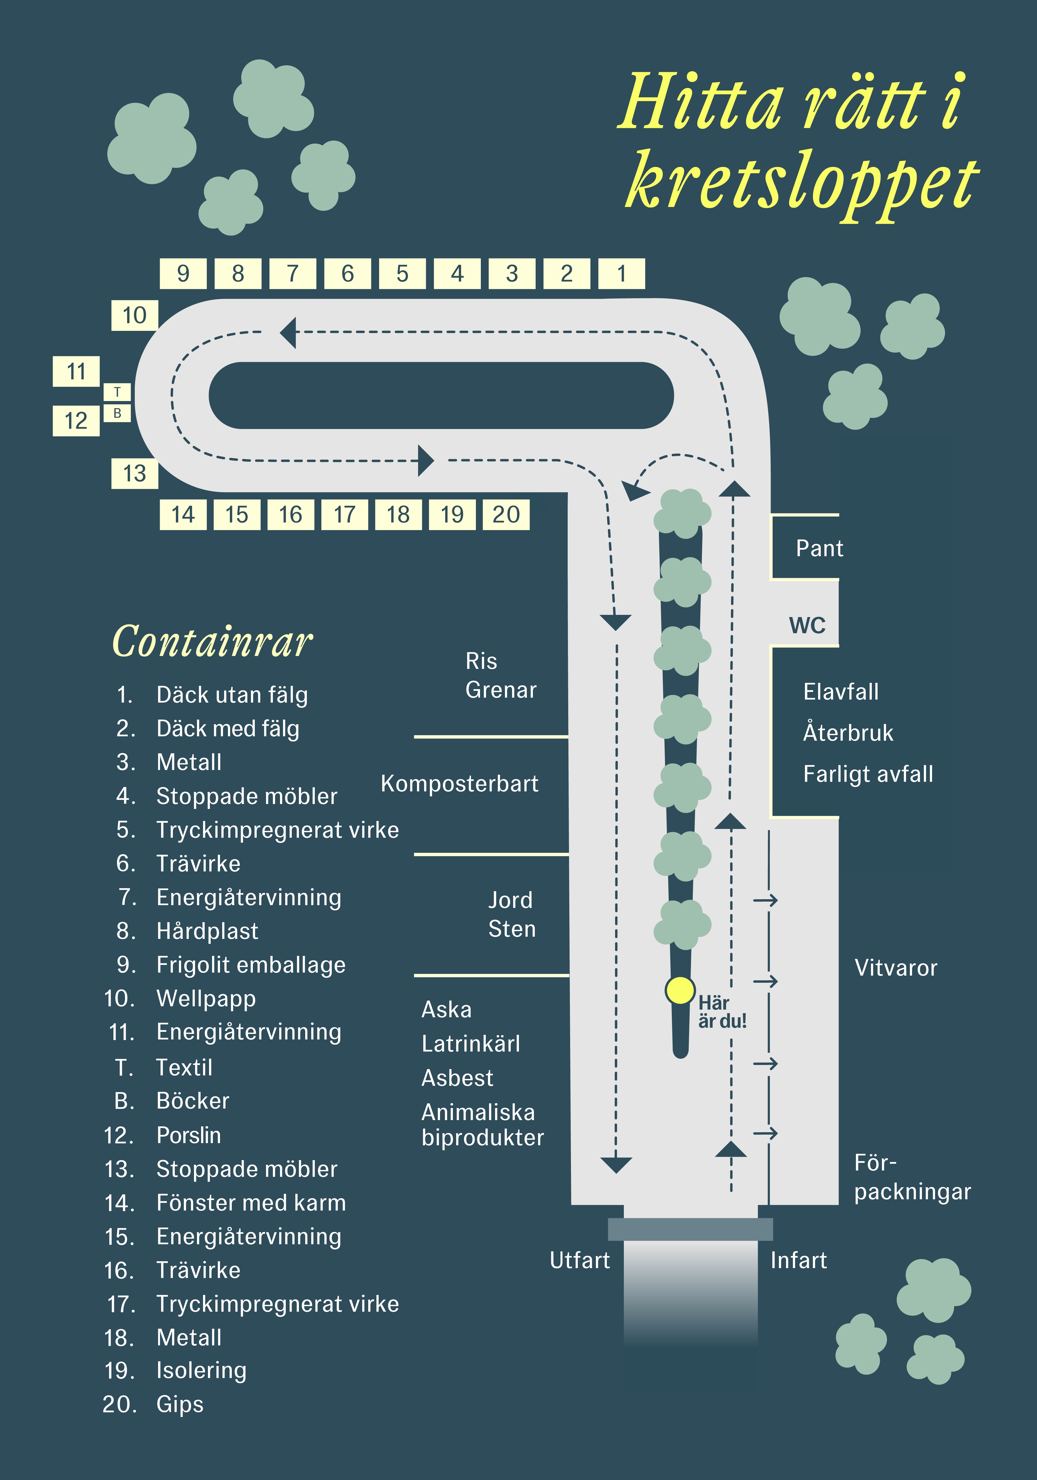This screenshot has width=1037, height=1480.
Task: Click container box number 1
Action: (622, 273)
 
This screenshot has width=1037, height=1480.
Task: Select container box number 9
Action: (183, 273)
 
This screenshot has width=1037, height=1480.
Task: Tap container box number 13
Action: (135, 474)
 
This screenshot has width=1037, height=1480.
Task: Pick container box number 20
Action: (506, 514)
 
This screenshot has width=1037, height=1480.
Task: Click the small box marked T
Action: (117, 392)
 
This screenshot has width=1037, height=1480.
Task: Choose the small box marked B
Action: (117, 413)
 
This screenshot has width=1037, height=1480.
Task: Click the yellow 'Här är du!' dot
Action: (680, 990)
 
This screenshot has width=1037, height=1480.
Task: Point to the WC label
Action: (807, 625)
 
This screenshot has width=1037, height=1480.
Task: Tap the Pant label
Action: (819, 549)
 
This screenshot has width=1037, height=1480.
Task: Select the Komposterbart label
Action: (459, 784)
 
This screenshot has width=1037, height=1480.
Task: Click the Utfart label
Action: (580, 1260)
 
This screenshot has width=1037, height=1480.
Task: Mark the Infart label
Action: (799, 1260)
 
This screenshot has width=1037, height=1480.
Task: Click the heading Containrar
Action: (213, 642)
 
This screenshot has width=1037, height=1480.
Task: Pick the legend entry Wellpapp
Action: (206, 998)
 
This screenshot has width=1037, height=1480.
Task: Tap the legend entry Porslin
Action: (189, 1135)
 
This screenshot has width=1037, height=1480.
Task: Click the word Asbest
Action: (457, 1078)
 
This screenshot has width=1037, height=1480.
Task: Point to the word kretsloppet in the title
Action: (802, 182)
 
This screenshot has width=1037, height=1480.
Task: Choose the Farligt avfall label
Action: (868, 774)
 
